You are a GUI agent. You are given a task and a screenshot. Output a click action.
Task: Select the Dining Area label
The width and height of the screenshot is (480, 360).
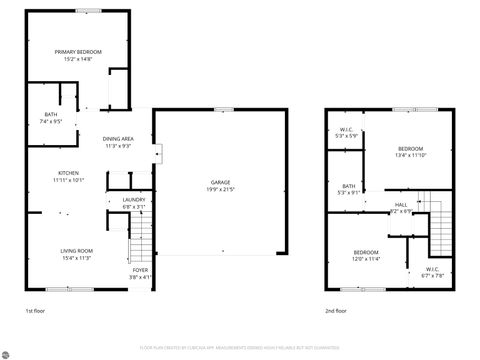click(x=119, y=139)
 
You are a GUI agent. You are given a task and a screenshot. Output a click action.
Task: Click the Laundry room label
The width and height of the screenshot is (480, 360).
click(x=134, y=200)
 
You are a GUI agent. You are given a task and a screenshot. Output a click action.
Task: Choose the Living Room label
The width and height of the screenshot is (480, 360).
click(x=77, y=250)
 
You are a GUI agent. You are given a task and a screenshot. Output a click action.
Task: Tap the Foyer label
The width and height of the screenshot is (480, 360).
click(x=141, y=269)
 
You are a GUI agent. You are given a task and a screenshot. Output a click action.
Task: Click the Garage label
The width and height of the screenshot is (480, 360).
click(x=221, y=182)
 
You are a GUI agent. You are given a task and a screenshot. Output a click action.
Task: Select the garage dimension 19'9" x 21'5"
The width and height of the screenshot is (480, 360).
click(x=221, y=189)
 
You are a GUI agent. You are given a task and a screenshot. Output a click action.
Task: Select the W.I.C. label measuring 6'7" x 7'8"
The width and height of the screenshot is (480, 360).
click(x=433, y=270)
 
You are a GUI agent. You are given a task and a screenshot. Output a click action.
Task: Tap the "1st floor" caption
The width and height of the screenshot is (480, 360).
click(x=37, y=312)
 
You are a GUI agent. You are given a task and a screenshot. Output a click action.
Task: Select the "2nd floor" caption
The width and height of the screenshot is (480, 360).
click(x=337, y=312)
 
